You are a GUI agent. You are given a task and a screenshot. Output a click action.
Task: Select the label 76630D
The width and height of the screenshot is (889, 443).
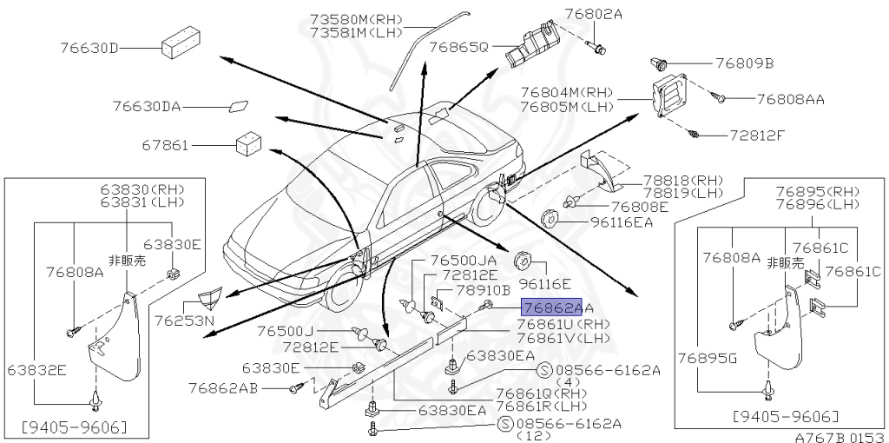[x=89, y=48]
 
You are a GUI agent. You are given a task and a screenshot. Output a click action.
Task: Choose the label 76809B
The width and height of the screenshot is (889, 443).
[x=744, y=63]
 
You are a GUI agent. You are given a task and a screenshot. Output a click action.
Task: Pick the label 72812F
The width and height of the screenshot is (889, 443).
[x=756, y=136]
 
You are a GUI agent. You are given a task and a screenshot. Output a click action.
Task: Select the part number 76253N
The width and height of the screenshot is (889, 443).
[x=185, y=321]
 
